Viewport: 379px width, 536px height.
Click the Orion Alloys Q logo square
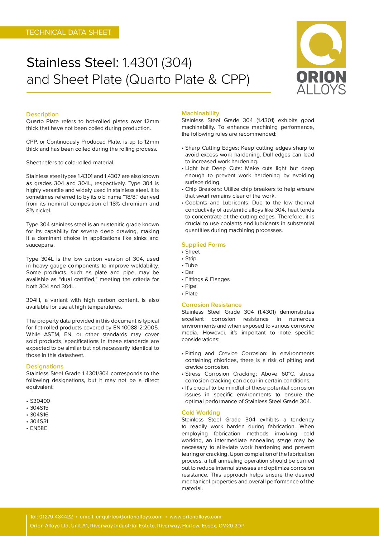point(321,44)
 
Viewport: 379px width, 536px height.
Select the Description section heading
point(42,114)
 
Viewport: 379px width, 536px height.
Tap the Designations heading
point(44,366)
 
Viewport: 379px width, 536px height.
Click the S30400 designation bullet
point(40,401)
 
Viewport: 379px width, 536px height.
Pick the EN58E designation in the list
point(38,428)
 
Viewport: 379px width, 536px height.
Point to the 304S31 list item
point(39,421)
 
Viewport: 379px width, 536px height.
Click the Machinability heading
point(200,113)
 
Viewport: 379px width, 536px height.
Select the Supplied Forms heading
point(203,245)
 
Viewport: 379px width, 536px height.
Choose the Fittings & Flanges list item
point(207,279)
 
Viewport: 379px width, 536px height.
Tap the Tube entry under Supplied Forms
point(191,265)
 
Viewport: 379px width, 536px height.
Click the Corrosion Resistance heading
point(211,305)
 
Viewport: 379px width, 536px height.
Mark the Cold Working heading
point(201,412)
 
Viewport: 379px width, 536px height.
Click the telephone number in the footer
point(56,517)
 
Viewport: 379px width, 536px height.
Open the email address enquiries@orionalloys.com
point(129,517)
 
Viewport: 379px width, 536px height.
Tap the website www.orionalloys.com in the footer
point(195,517)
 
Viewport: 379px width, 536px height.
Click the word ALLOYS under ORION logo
point(321,89)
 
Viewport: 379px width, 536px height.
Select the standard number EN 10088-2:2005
point(136,328)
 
